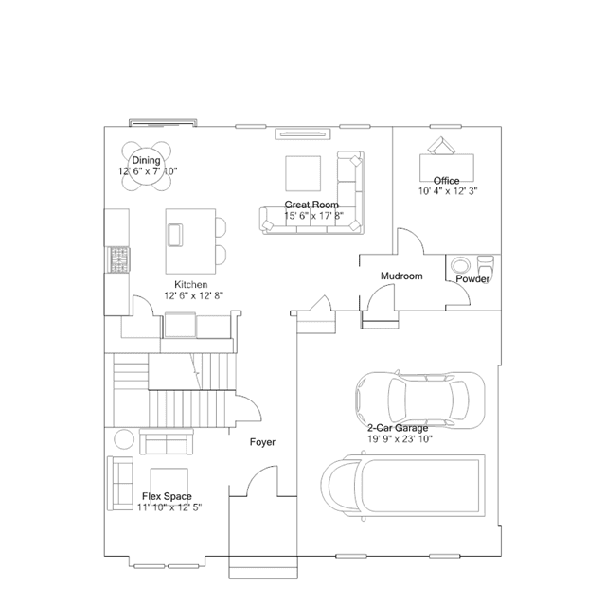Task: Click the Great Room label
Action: pos(311,205)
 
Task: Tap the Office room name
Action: pos(447,181)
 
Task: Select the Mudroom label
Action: pos(400,276)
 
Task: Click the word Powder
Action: pos(472,280)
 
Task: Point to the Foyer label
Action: pos(262,442)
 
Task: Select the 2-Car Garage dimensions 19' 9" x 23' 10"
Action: pos(400,439)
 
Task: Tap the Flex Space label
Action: pos(167,496)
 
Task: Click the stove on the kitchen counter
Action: pos(117,258)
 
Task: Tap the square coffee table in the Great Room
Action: pos(304,173)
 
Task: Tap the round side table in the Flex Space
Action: pos(123,440)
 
